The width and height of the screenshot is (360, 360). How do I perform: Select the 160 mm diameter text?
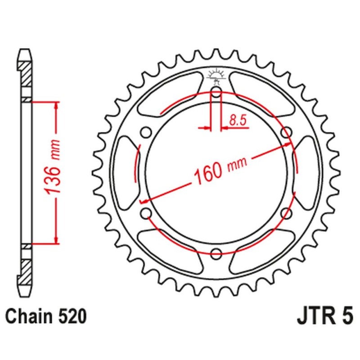(x=216, y=171)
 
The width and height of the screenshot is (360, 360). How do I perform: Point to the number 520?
(x=71, y=316)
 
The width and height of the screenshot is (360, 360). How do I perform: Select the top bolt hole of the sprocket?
(x=216, y=94)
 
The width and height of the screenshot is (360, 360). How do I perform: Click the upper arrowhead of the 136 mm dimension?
(x=56, y=106)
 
